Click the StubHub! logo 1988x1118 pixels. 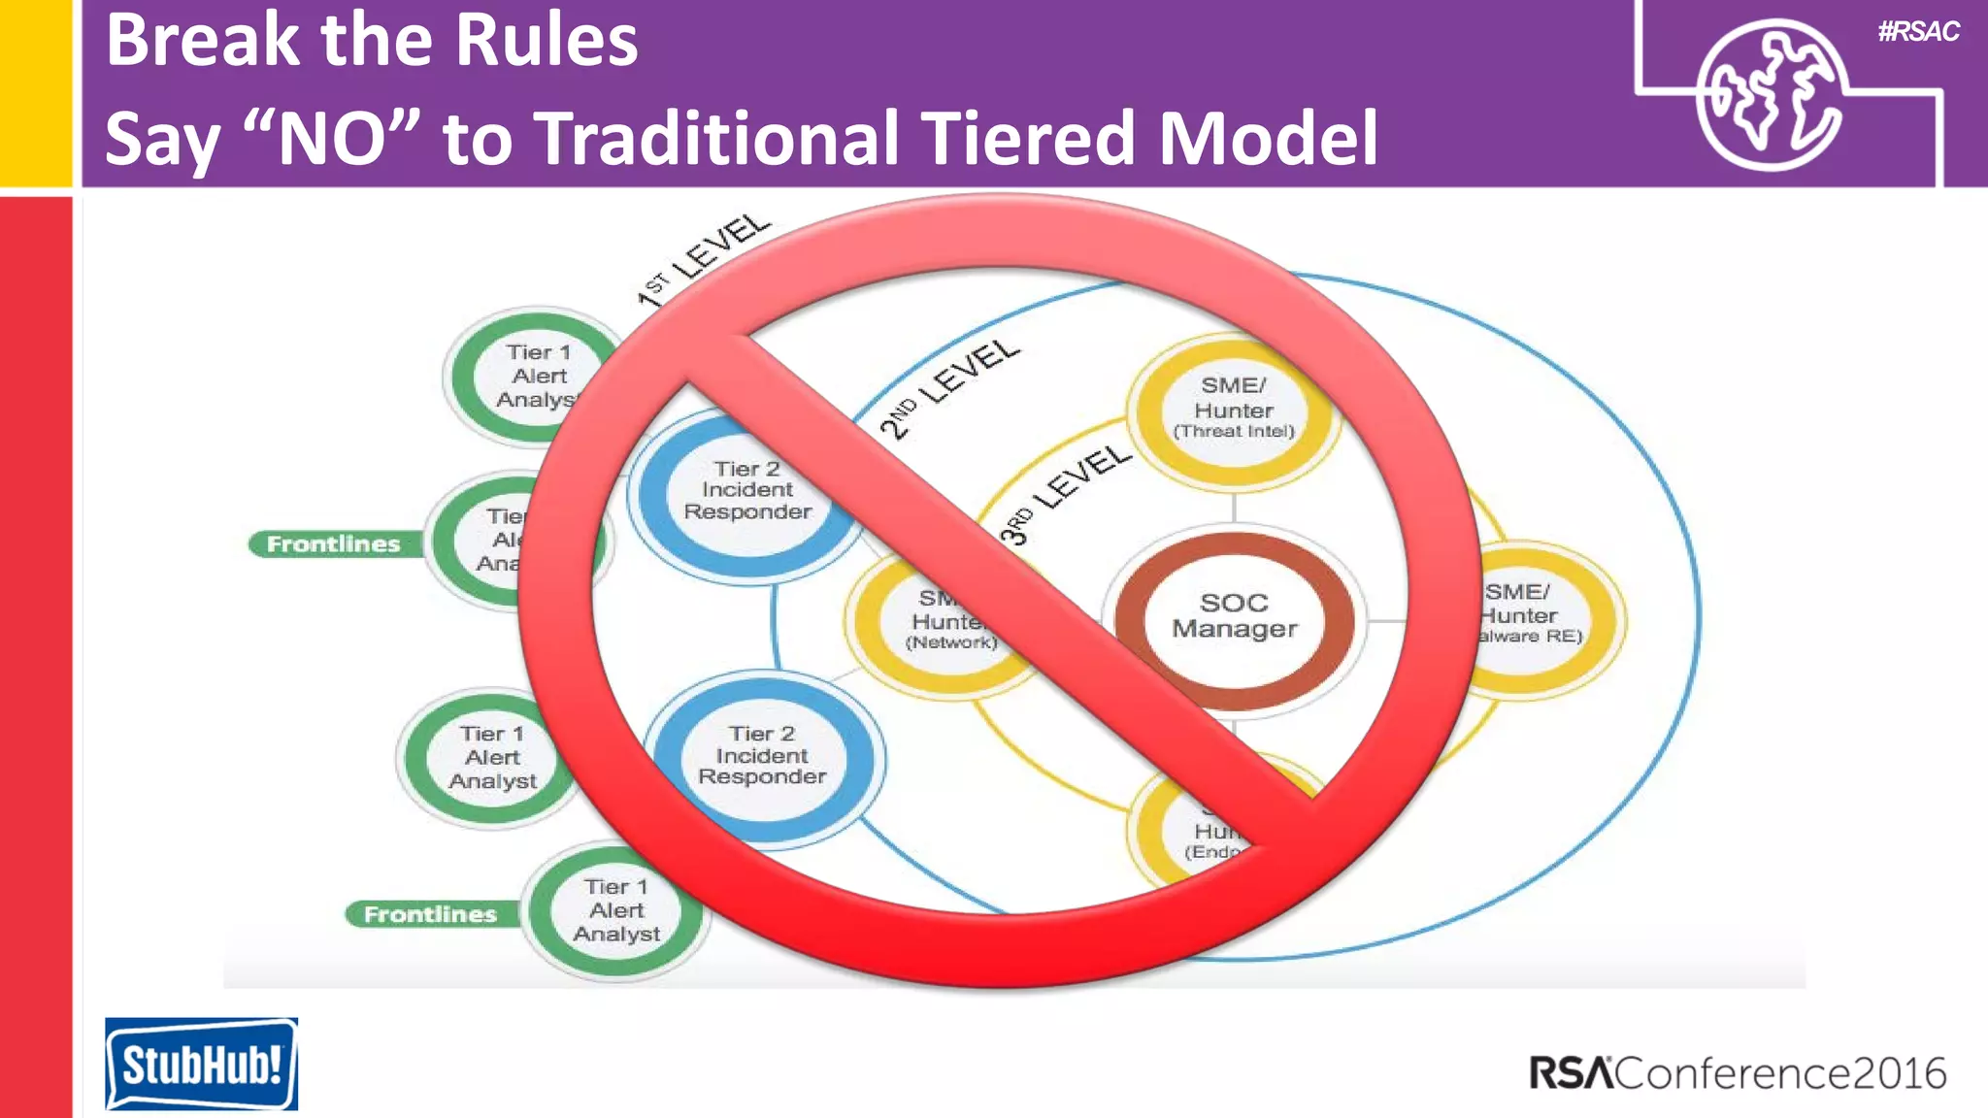coord(201,1064)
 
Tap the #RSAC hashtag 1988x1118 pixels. coord(1918,32)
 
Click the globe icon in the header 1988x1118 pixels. coord(1771,95)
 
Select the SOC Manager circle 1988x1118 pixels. coord(1234,616)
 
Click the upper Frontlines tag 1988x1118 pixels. coord(333,544)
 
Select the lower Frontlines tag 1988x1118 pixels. coord(430,914)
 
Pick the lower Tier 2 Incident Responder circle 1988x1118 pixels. coord(763,756)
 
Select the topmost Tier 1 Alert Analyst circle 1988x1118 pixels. coord(535,376)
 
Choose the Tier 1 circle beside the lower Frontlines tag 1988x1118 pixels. coord(615,910)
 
